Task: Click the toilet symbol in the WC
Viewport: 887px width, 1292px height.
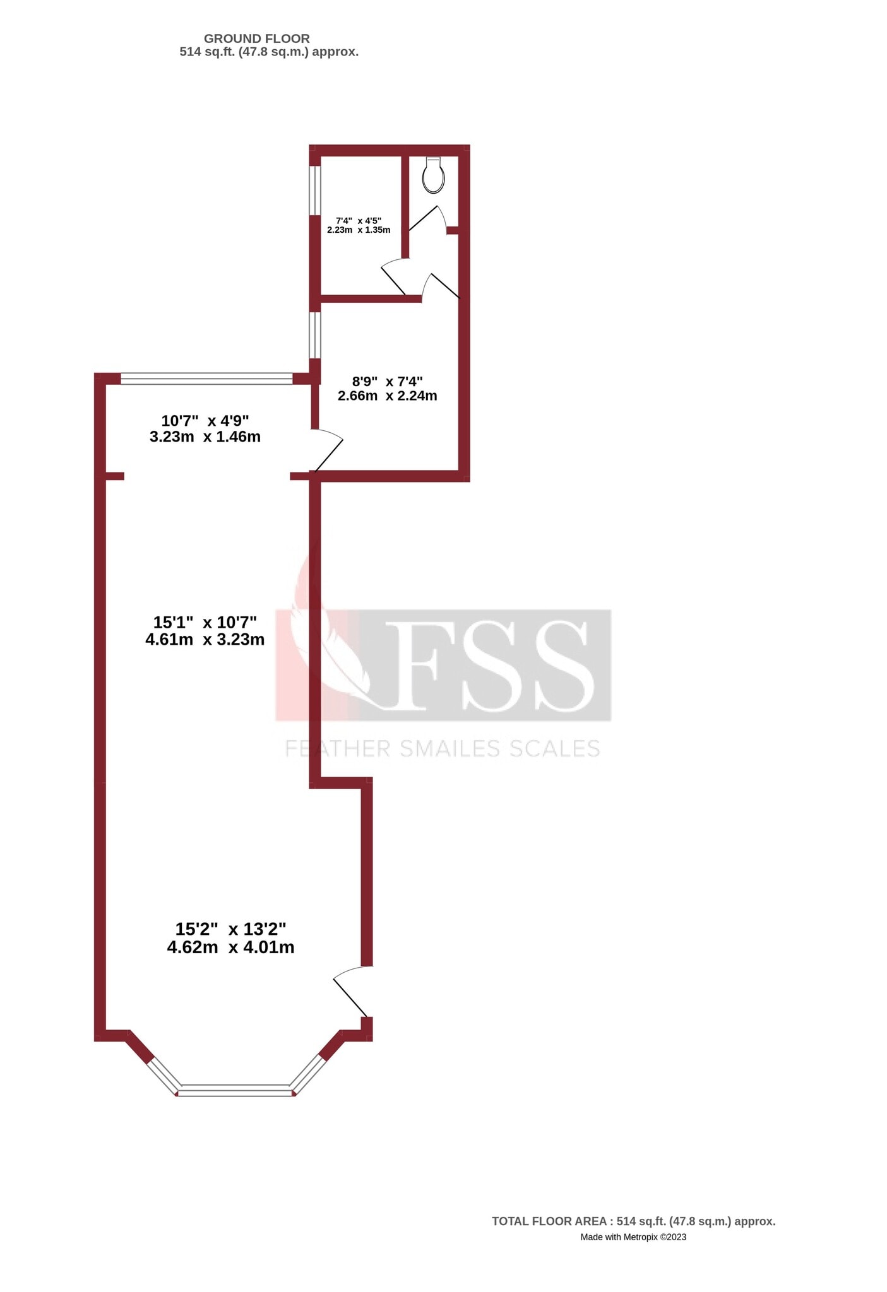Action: tap(433, 175)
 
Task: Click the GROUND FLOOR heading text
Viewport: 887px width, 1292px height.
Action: tap(256, 39)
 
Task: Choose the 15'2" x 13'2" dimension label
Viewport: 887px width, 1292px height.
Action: tap(230, 929)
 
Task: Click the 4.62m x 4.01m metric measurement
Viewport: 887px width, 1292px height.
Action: tap(230, 948)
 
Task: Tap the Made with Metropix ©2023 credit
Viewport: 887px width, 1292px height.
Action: tap(633, 1237)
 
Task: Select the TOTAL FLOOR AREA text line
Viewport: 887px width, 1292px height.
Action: tap(633, 1221)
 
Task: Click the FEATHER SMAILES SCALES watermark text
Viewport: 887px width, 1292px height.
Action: tap(442, 749)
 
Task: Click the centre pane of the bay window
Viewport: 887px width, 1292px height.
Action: tap(235, 1090)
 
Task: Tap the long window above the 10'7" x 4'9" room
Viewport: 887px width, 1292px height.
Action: tap(206, 379)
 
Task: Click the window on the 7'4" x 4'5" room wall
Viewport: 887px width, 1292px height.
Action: tap(314, 190)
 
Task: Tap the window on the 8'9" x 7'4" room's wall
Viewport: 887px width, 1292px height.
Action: tap(314, 336)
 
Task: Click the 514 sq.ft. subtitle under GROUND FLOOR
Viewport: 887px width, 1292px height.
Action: tap(269, 52)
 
